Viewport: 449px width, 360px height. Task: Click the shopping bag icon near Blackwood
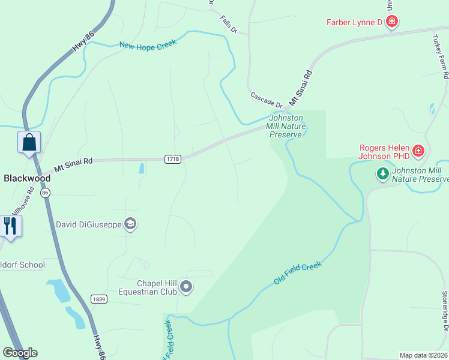pyautogui.click(x=29, y=143)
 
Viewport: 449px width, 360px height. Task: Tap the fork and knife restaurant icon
pyautogui.click(x=10, y=226)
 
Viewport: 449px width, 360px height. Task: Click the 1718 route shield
pyautogui.click(x=173, y=158)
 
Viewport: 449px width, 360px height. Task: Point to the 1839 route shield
pyautogui.click(x=99, y=299)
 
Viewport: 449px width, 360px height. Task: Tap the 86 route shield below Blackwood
pyautogui.click(x=45, y=193)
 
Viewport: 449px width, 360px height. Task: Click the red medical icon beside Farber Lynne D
pyautogui.click(x=392, y=23)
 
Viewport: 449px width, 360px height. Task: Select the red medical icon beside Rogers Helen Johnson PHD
pyautogui.click(x=418, y=151)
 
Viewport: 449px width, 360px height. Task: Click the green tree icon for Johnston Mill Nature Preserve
pyautogui.click(x=382, y=174)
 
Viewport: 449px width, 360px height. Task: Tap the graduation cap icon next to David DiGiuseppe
pyautogui.click(x=130, y=224)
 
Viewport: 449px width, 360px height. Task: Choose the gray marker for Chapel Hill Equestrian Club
pyautogui.click(x=186, y=287)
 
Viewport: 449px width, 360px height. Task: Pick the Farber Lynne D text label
pyautogui.click(x=354, y=23)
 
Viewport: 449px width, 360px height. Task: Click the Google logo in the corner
pyautogui.click(x=20, y=353)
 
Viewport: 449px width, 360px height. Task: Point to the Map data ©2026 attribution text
pyautogui.click(x=423, y=355)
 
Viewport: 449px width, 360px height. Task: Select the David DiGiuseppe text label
pyautogui.click(x=88, y=224)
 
